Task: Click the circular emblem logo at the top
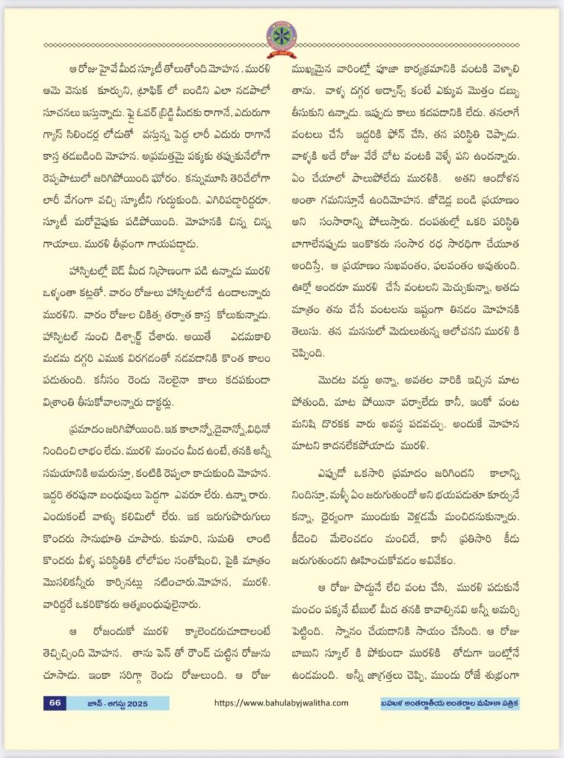281,35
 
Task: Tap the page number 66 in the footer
56,702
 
